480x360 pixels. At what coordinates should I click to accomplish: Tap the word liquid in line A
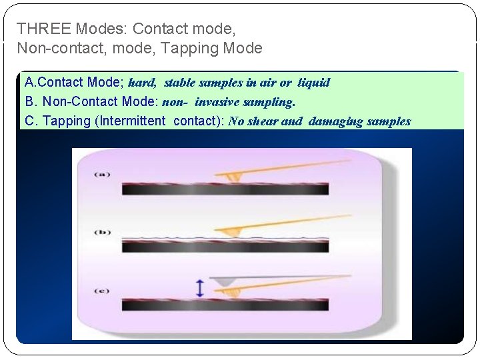[x=313, y=83]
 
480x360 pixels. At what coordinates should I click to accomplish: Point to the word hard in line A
[x=141, y=83]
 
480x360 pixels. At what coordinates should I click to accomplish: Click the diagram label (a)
[x=102, y=175]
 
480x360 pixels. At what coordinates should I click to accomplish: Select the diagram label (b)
[x=102, y=232]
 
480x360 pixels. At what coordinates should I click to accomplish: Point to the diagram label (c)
[x=102, y=291]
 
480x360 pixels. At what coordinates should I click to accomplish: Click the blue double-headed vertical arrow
[x=199, y=288]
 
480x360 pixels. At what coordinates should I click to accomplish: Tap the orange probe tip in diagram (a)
[x=233, y=177]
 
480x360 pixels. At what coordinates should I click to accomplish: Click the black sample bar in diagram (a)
[x=225, y=189]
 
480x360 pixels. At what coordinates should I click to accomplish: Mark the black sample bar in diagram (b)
[x=225, y=247]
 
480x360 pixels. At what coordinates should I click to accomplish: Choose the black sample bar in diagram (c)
[x=225, y=305]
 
